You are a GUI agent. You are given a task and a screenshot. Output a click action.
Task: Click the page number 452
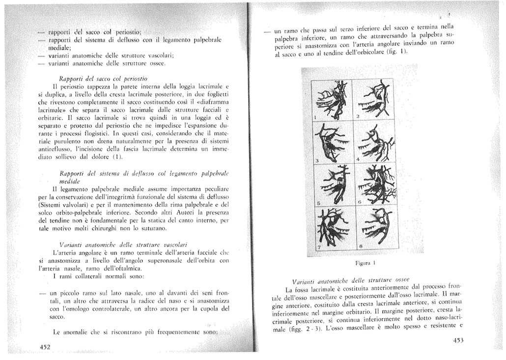coord(47,347)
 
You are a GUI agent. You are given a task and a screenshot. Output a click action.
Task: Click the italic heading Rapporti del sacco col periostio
coord(102,78)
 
